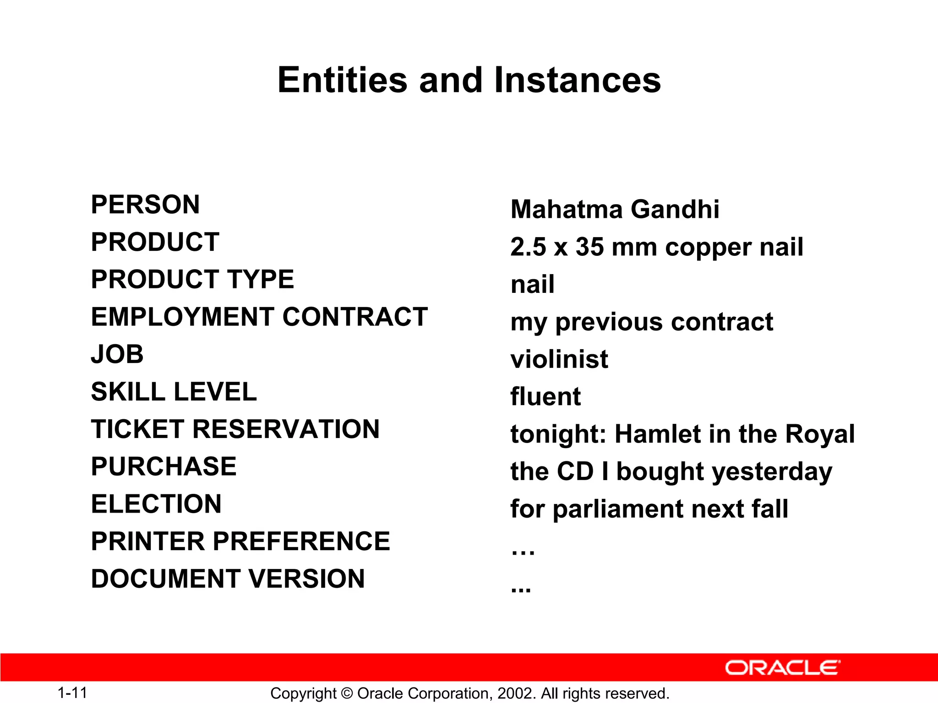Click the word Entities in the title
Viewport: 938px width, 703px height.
point(342,80)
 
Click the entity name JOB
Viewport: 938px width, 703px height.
point(117,354)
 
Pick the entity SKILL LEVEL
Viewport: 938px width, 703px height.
point(174,392)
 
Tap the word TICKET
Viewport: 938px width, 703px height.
point(137,429)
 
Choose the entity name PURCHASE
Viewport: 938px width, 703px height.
point(164,466)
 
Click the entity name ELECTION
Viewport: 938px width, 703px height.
point(156,504)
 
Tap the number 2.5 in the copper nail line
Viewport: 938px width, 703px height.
point(528,247)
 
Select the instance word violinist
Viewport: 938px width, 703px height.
point(559,359)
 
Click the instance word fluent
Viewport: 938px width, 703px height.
point(545,396)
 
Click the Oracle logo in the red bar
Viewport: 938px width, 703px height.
point(782,668)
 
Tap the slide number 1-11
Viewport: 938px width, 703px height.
point(72,693)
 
